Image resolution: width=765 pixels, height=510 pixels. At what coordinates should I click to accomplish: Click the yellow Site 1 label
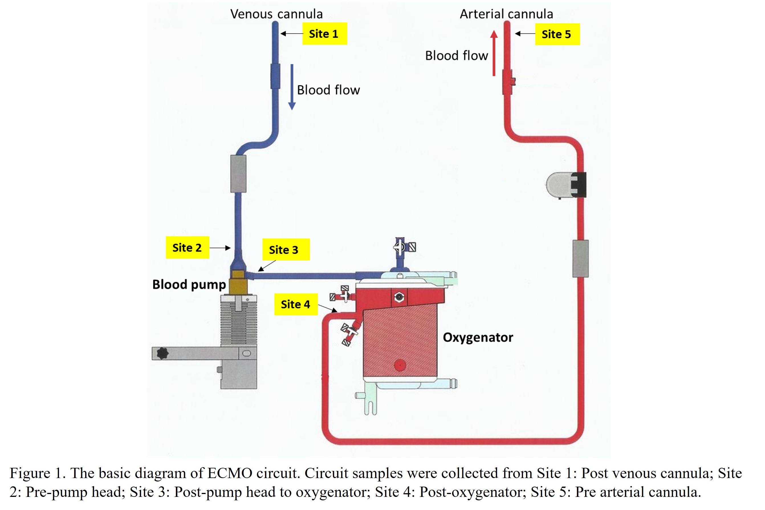[324, 33]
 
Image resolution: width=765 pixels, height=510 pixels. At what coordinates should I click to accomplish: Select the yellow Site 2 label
[187, 248]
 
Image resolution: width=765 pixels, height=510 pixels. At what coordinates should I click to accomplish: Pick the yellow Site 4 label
[296, 304]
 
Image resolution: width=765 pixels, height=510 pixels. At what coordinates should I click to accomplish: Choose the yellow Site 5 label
[557, 34]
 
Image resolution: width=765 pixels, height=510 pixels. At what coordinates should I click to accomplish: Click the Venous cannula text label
[276, 14]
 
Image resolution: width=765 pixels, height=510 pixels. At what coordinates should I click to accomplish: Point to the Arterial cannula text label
[506, 14]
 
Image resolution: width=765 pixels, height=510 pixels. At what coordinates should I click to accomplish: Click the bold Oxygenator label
[478, 337]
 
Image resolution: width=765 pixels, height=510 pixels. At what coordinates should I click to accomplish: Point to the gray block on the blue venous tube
[238, 174]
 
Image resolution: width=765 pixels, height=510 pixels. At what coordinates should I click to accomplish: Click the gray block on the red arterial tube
[580, 259]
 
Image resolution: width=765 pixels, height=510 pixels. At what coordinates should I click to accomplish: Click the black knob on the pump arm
[162, 353]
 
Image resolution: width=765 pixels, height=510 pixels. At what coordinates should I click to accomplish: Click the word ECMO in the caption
[230, 473]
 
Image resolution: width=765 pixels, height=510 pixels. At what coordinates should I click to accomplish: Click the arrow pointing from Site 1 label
[292, 33]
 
